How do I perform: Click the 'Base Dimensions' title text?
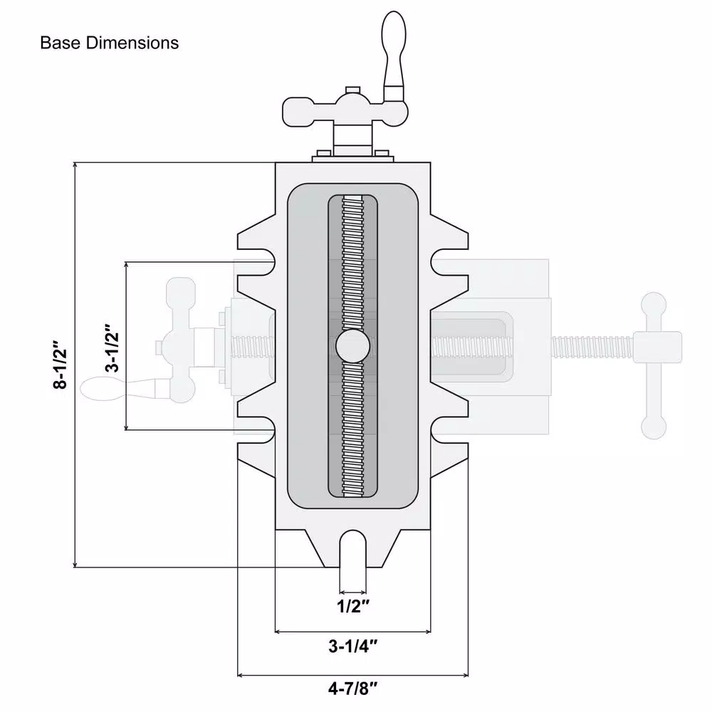point(109,43)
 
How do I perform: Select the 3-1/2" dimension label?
point(110,350)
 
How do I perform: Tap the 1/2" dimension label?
point(354,607)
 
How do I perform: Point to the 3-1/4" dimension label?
point(352,647)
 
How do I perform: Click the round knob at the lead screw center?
point(353,347)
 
